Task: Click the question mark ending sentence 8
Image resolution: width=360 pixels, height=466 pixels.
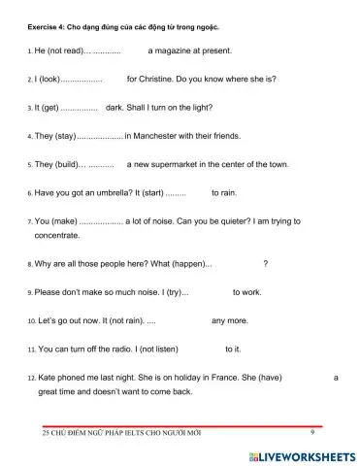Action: click(266, 263)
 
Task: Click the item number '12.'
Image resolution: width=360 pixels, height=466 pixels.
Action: click(30, 378)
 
